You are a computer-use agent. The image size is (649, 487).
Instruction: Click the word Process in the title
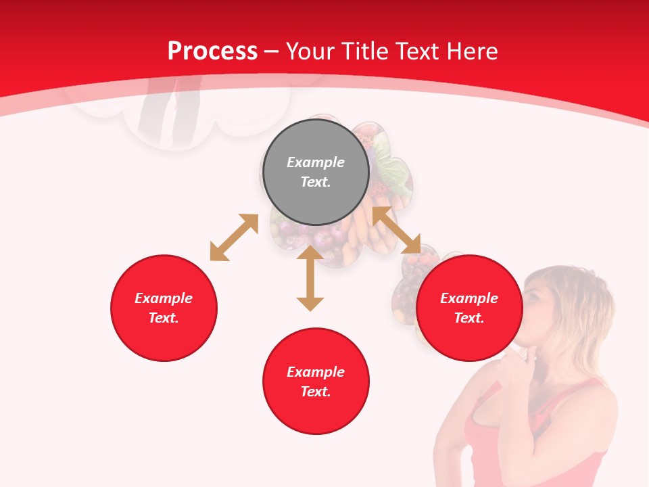tap(212, 51)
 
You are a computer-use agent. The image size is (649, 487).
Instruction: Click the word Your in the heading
tap(311, 51)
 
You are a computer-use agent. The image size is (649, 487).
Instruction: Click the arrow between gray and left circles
tap(234, 237)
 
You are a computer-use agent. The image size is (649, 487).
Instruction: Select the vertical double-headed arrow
tap(310, 278)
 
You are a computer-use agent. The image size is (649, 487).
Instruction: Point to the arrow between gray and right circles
tap(397, 230)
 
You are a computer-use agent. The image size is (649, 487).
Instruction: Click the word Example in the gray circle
tap(316, 162)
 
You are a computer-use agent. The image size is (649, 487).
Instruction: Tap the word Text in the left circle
tap(164, 318)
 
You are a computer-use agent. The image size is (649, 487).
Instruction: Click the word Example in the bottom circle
tap(316, 372)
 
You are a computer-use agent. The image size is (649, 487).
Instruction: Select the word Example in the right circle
tap(469, 298)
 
